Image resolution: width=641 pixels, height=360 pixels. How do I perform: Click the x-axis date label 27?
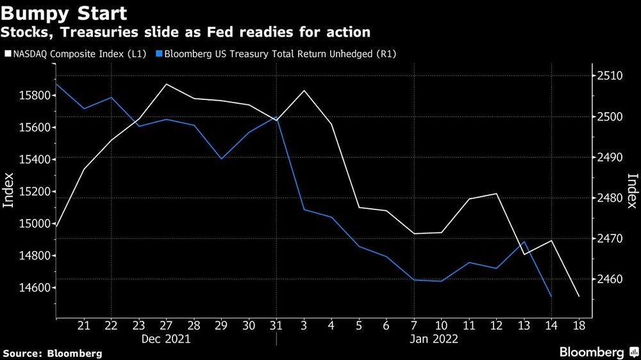coord(166,326)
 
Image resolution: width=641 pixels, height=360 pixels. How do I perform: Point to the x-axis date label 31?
coord(276,326)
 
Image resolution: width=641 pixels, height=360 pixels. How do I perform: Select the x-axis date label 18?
coord(579,326)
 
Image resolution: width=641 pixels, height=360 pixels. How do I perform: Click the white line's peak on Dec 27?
coord(166,84)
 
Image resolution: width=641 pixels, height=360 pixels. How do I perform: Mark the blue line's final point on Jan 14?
coord(551,297)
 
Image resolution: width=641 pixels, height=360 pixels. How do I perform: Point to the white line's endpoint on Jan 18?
coord(579,297)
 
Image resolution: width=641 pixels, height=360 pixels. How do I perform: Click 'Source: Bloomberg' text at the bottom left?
coord(53,353)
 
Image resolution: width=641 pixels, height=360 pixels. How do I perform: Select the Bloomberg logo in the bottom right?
coord(595,352)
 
